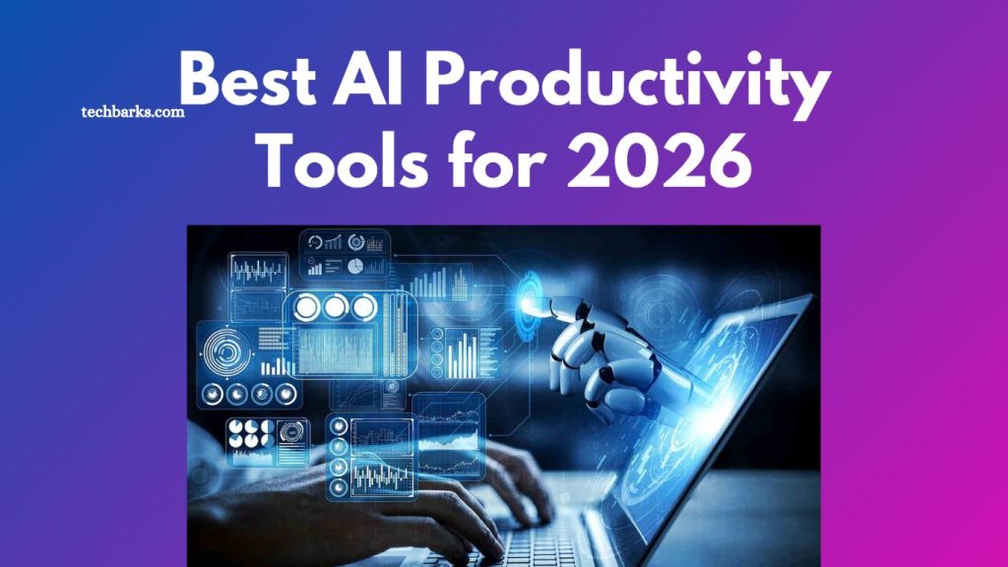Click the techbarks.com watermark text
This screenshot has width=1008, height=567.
tap(132, 112)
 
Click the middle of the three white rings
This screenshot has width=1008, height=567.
tap(337, 308)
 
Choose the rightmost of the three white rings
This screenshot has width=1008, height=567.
tap(364, 308)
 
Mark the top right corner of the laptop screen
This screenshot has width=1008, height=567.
tap(813, 295)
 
